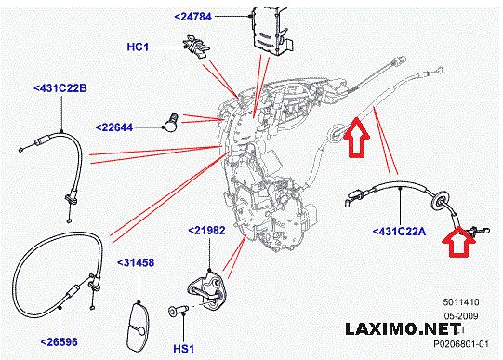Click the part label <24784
coord(193,17)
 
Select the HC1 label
coord(138,47)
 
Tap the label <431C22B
coord(60,88)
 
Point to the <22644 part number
coord(114,127)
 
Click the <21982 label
coord(206,231)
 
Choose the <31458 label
coord(136,262)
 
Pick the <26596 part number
coord(60,341)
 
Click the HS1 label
coord(184,349)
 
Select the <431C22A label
coord(399,231)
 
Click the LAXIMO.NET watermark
coord(403,329)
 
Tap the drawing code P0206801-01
coord(461,344)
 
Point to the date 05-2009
coord(461,316)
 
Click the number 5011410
coord(461,302)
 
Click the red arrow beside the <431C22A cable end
coord(458,242)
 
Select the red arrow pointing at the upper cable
coord(357,138)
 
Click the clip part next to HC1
coord(196,47)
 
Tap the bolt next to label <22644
coord(171,123)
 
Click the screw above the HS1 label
coord(178,311)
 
